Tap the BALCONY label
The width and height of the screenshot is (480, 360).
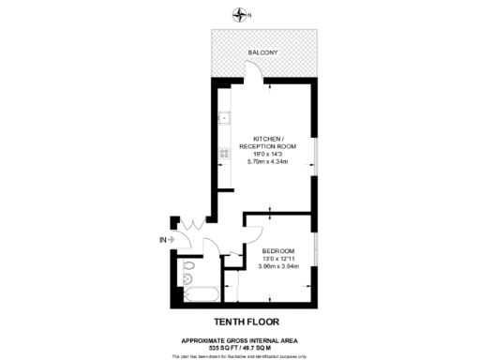pyautogui.click(x=263, y=52)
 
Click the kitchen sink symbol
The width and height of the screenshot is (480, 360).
pyautogui.click(x=224, y=119)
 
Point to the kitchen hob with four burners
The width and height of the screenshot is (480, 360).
pyautogui.click(x=225, y=153)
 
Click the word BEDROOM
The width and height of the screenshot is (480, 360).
pyautogui.click(x=278, y=251)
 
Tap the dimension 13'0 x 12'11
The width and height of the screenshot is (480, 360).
pyautogui.click(x=278, y=259)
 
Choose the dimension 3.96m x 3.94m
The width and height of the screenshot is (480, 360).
pyautogui.click(x=278, y=267)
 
